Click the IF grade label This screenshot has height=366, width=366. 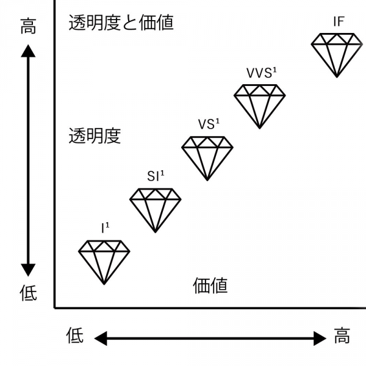click(x=339, y=21)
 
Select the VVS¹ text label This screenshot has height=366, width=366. click(x=262, y=73)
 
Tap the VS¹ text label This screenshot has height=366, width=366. click(x=209, y=124)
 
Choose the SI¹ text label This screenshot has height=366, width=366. click(x=156, y=176)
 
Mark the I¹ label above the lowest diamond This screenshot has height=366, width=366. click(x=105, y=228)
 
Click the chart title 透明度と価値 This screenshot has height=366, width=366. click(x=121, y=23)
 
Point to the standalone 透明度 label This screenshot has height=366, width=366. click(x=95, y=135)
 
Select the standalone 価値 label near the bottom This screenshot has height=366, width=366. click(x=210, y=285)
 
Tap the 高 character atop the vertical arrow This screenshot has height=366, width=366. click(x=28, y=26)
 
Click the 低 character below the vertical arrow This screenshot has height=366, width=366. click(x=28, y=293)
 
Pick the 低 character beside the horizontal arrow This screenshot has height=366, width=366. click(x=74, y=335)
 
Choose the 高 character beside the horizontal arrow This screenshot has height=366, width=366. click(x=342, y=335)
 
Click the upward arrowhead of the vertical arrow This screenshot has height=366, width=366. click(x=28, y=51)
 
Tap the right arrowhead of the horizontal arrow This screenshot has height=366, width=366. click(x=320, y=338)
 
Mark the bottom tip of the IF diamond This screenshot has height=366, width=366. click(x=337, y=77)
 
